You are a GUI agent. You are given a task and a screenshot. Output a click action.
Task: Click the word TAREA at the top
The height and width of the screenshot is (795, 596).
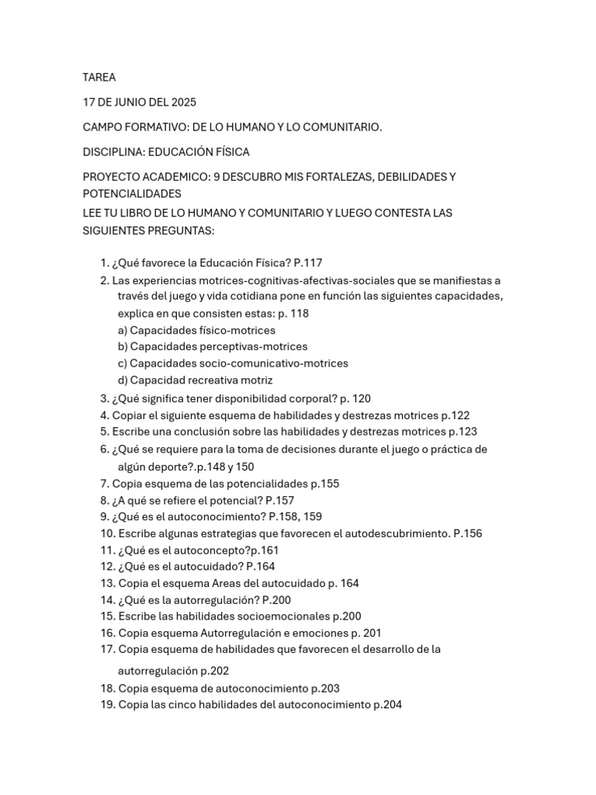coord(99,77)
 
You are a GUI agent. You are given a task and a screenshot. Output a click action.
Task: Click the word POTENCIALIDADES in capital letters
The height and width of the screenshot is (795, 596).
coord(132,193)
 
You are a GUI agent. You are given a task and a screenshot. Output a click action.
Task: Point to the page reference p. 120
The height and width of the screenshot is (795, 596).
coord(355,398)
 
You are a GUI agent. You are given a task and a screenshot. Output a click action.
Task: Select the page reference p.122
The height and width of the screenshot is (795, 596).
coord(455,415)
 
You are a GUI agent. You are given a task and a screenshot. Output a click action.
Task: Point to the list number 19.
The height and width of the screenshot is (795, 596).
coord(107,705)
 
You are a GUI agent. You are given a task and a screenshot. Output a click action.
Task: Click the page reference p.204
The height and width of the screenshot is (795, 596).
coord(387,705)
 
